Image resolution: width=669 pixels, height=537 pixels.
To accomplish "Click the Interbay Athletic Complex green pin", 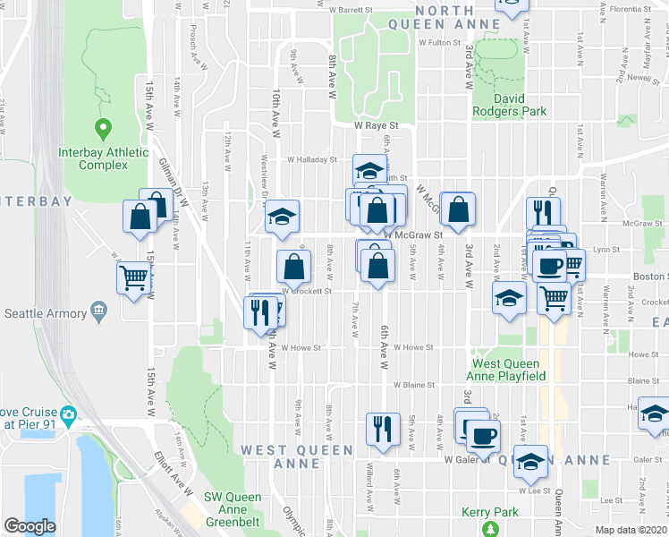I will tap(103, 129).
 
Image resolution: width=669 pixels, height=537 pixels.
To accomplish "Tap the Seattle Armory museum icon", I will tap(98, 312).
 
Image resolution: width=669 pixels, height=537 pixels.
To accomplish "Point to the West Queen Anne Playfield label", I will tap(505, 370).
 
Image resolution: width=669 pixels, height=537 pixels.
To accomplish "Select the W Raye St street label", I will tap(374, 127).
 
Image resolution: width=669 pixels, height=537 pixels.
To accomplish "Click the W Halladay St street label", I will tap(311, 160).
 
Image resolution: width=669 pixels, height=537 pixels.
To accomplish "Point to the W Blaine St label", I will tap(413, 385).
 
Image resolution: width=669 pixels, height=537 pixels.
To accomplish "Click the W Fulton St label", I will tap(437, 42).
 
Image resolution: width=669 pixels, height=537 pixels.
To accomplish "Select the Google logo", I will tap(30, 526).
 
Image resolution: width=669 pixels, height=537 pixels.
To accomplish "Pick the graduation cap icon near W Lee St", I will tap(530, 460).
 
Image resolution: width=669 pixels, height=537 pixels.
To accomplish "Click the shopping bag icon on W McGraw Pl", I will tap(458, 211).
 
